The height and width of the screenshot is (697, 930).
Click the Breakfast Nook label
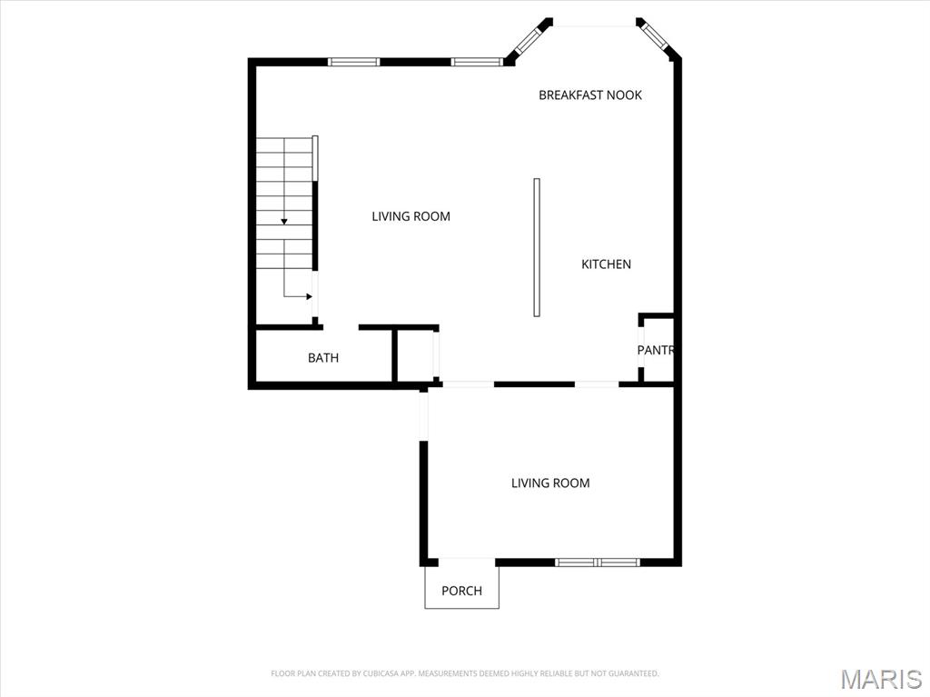point(589,95)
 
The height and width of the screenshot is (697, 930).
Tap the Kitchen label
point(606,264)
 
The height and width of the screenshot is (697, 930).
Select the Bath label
point(323,358)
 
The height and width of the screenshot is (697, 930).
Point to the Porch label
point(461,591)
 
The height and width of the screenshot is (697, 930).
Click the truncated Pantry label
point(654,350)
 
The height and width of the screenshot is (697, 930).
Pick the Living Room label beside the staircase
point(411,216)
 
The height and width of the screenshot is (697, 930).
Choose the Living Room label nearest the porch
point(550,483)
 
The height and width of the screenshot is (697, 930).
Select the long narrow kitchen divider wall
point(537,247)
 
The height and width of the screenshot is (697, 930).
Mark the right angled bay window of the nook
point(655,38)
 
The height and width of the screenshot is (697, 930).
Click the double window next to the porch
point(598,563)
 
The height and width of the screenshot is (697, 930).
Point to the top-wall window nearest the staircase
point(353,62)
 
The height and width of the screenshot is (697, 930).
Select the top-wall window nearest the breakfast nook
point(477,62)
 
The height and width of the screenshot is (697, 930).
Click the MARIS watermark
point(881,679)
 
